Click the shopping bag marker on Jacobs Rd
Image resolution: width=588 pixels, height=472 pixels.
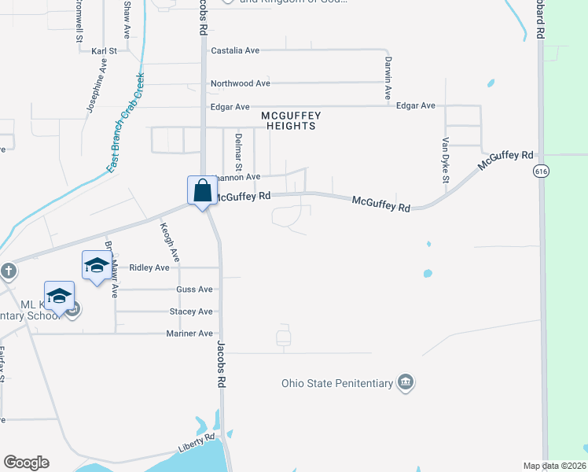tap(202, 191)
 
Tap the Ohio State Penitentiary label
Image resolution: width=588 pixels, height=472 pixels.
tap(337, 384)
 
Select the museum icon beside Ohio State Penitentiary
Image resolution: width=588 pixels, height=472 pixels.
tap(406, 383)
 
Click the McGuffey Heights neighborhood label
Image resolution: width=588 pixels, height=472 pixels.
tap(291, 120)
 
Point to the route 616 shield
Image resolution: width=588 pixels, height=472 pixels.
tap(540, 171)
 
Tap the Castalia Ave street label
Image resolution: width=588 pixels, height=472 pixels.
tap(235, 50)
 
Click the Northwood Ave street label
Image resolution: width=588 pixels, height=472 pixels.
tap(240, 83)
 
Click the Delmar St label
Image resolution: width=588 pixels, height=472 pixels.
tap(237, 152)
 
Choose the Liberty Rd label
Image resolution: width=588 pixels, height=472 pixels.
tap(196, 442)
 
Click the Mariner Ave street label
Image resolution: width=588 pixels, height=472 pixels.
tap(189, 334)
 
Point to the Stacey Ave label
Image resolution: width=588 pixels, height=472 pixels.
tap(191, 312)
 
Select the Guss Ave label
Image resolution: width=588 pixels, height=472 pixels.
tap(194, 289)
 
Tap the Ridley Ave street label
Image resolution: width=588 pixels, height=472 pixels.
tap(149, 267)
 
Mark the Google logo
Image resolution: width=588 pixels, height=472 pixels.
tap(26, 463)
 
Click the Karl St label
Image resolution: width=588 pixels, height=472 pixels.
tap(104, 51)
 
